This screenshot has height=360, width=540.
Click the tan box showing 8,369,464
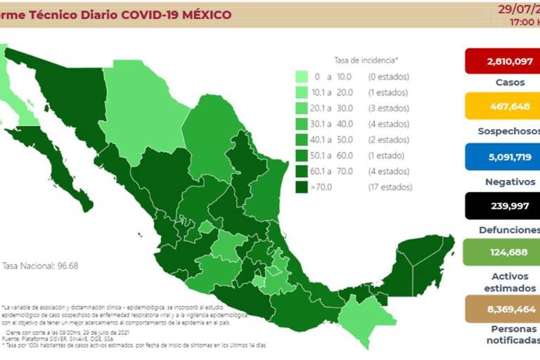pyautogui.click(x=501, y=309)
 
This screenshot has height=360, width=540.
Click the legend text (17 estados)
pyautogui.click(x=390, y=187)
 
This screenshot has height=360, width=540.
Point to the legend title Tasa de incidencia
pyautogui.click(x=366, y=60)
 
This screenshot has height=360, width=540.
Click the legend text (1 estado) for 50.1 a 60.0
pyautogui.click(x=387, y=155)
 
